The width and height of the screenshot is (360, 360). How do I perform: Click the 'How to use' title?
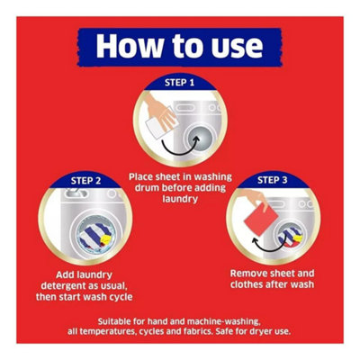click(x=179, y=46)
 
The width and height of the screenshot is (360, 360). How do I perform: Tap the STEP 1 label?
click(x=179, y=83)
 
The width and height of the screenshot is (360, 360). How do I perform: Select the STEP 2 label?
click(x=86, y=181)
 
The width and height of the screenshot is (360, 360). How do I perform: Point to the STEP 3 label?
click(x=273, y=180)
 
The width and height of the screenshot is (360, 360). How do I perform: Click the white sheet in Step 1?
click(x=157, y=127)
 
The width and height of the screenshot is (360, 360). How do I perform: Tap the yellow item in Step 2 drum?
click(x=106, y=239)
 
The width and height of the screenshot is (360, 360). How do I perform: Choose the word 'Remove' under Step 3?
click(x=248, y=274)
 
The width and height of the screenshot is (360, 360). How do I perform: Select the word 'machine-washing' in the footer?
click(x=223, y=322)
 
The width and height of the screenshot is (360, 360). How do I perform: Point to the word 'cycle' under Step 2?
click(x=119, y=297)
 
